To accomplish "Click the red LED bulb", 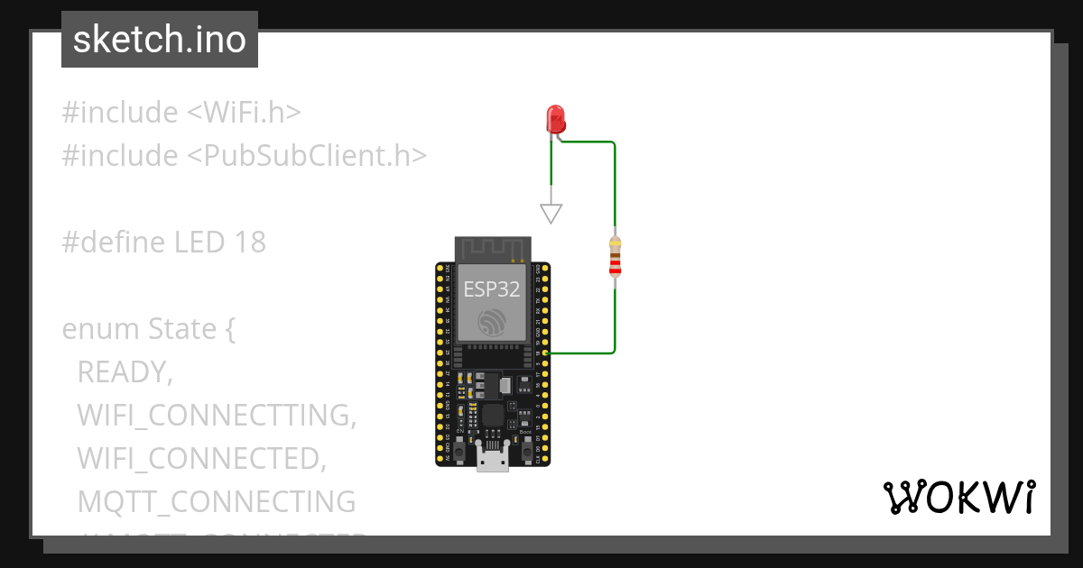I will tap(555, 119).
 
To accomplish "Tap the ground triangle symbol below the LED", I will tap(551, 214).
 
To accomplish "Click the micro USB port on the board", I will tap(493, 459).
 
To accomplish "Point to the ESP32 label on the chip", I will tap(492, 289).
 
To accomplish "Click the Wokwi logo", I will tap(958, 497).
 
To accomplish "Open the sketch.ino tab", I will tap(160, 40).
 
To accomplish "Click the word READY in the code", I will tap(125, 371).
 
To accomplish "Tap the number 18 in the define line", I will tap(250, 242).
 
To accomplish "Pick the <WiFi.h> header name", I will tap(244, 113).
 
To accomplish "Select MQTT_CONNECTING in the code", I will tap(217, 501).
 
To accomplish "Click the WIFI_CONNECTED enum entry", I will tap(201, 458).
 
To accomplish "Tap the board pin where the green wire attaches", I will tap(546, 353).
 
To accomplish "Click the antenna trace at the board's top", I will tap(492, 249).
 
